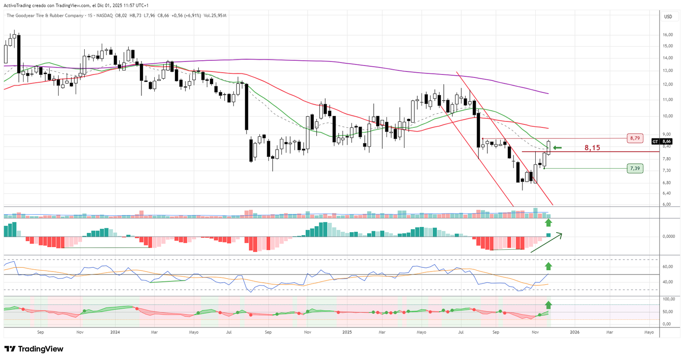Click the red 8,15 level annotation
[x=592, y=148]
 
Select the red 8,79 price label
[x=635, y=138]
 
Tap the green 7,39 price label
[x=635, y=168]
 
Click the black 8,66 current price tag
[x=666, y=142]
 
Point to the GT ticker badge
[x=655, y=142]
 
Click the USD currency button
[x=668, y=17]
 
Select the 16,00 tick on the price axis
[x=668, y=35]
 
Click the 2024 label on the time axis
[x=115, y=332]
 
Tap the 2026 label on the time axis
[x=575, y=332]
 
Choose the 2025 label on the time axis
[x=347, y=332]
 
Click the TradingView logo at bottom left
[x=34, y=349]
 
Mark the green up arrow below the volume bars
[x=548, y=222]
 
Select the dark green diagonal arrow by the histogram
[x=547, y=243]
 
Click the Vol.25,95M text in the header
[x=215, y=16]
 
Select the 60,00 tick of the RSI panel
[x=668, y=267]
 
